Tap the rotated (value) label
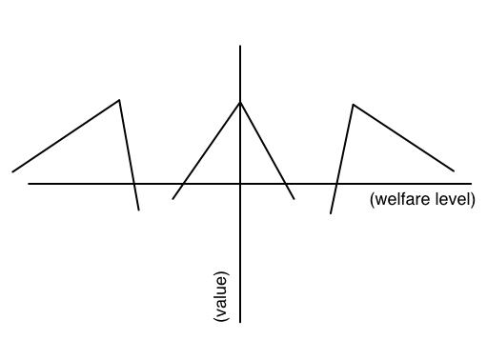coord(221,296)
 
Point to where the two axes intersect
coord(240,184)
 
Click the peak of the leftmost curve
coord(119,100)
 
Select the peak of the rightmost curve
coord(353,104)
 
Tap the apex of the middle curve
coord(240,102)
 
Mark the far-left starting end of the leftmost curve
coord(12,172)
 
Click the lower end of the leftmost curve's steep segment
coord(139,210)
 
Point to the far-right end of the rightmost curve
coord(454,171)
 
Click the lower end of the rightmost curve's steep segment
coord(331,213)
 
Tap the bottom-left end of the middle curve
coord(172,199)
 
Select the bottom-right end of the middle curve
coord(294,199)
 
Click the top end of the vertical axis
coord(240,46)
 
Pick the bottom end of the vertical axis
coord(240,323)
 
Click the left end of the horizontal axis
coord(29,184)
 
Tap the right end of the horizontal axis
coord(472,184)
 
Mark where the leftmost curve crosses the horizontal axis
coord(134,184)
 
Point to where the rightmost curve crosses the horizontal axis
coord(336,184)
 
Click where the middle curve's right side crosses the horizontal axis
coord(286,184)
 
